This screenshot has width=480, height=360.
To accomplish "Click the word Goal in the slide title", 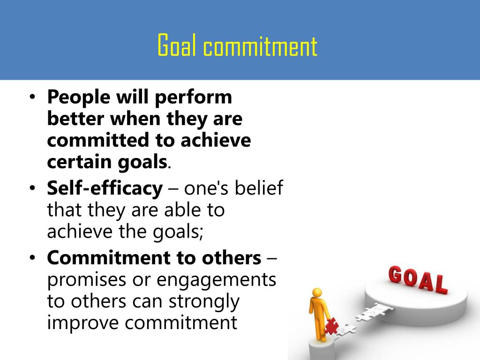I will tap(176, 46).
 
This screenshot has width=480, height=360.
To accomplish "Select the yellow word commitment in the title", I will tap(261, 47).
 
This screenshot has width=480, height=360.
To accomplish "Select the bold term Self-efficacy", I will tap(105, 188).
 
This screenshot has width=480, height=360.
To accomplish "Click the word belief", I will tap(260, 188).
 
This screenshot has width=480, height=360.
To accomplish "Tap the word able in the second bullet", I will tap(180, 210).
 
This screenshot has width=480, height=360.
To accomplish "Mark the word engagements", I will tap(216, 280).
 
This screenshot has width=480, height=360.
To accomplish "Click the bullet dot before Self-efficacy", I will tap(32, 189).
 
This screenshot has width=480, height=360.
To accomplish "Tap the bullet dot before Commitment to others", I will tap(32, 258).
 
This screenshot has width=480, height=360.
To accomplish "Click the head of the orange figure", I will tap(317, 292).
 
